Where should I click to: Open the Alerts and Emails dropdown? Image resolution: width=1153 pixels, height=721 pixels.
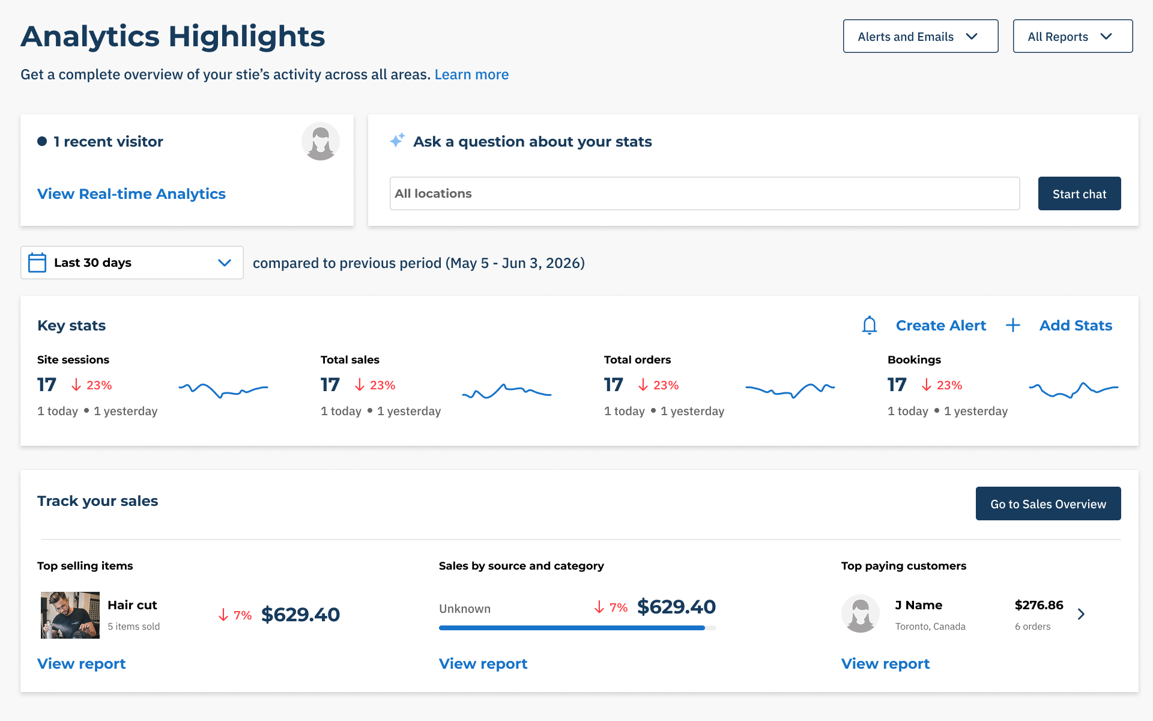click(x=921, y=36)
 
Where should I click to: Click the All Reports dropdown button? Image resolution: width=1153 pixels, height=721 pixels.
click(x=1073, y=36)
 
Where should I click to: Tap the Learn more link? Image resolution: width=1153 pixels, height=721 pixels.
click(x=471, y=75)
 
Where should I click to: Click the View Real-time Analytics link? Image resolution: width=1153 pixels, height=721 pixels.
click(x=132, y=193)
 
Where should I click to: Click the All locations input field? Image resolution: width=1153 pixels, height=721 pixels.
click(x=704, y=193)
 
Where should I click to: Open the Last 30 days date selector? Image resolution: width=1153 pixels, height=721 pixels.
click(x=132, y=263)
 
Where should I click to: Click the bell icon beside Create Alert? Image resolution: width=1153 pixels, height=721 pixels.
click(x=870, y=325)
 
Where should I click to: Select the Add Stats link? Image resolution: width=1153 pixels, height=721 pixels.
click(x=1076, y=325)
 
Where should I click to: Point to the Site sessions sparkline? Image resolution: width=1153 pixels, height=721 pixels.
click(x=223, y=390)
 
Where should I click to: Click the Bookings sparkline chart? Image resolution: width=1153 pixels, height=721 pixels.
click(x=1074, y=390)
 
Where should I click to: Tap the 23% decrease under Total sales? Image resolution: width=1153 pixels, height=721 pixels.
click(x=375, y=385)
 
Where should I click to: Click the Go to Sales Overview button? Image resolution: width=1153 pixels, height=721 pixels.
click(x=1049, y=503)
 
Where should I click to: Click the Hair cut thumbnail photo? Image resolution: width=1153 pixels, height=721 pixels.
click(x=70, y=615)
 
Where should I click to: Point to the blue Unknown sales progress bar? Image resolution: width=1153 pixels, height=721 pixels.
click(x=572, y=628)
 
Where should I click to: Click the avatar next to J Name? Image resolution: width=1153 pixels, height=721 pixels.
click(x=861, y=614)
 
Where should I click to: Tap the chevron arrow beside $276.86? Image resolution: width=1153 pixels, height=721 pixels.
click(x=1081, y=614)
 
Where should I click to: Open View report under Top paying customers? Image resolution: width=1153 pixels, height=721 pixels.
click(x=885, y=663)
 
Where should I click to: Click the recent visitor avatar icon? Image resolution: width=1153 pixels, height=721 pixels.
click(x=321, y=142)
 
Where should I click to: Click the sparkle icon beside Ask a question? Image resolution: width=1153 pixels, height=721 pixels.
click(x=397, y=140)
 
